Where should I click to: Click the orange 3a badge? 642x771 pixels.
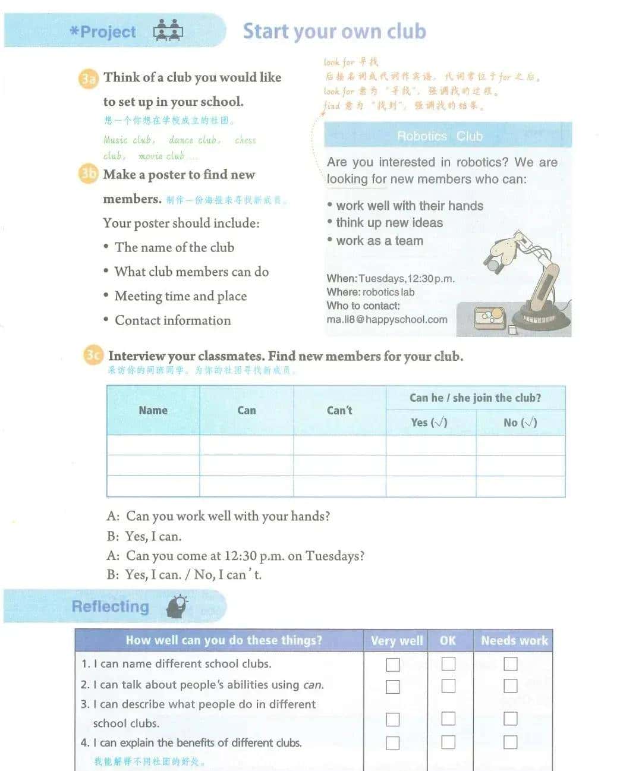[x=88, y=78]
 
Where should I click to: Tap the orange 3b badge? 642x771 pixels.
[x=88, y=174]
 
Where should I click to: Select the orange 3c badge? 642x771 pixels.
[x=93, y=355]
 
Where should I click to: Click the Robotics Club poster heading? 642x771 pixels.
[x=440, y=136]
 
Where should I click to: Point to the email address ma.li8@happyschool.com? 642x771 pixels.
[x=387, y=319]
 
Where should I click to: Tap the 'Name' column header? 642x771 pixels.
[x=153, y=410]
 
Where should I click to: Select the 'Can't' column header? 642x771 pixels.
[x=339, y=410]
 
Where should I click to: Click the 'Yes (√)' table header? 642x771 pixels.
[x=429, y=422]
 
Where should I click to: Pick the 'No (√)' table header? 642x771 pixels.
[x=520, y=422]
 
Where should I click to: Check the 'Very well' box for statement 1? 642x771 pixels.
[x=393, y=664]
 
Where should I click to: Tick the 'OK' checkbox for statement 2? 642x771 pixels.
[x=448, y=685]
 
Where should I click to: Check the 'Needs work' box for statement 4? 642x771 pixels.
[x=510, y=742]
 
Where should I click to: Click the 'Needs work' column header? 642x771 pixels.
[x=514, y=640]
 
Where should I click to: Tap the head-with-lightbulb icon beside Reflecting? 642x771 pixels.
[x=177, y=606]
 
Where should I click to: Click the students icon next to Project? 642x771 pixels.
[x=168, y=30]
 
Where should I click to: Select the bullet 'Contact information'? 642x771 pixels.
[x=172, y=320]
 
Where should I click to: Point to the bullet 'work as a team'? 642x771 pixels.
[x=379, y=241]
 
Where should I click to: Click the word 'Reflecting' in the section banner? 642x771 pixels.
[x=110, y=606]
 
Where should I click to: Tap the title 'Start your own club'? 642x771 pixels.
[x=334, y=31]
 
